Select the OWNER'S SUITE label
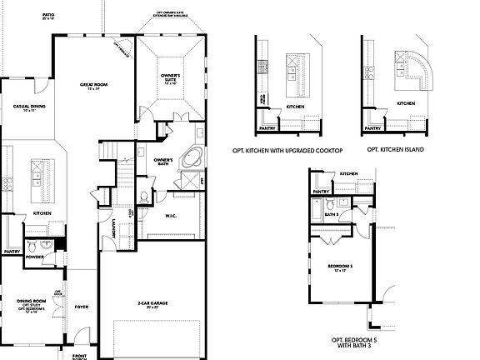[x=170, y=77]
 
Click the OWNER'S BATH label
[x=163, y=162]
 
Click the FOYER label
[x=81, y=306]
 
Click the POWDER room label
[x=34, y=257]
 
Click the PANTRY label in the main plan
[x=12, y=252]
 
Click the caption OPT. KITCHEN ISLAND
[x=395, y=149]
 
